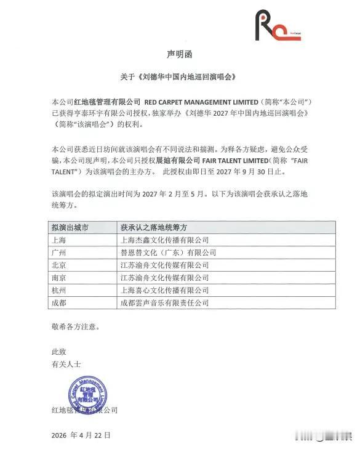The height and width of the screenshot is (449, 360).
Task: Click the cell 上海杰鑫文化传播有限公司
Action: click(x=165, y=240)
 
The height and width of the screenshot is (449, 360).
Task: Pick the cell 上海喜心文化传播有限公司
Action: click(x=165, y=290)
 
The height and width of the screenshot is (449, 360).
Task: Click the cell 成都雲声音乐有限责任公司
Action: click(x=165, y=303)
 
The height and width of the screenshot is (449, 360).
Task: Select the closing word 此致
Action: click(x=58, y=351)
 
